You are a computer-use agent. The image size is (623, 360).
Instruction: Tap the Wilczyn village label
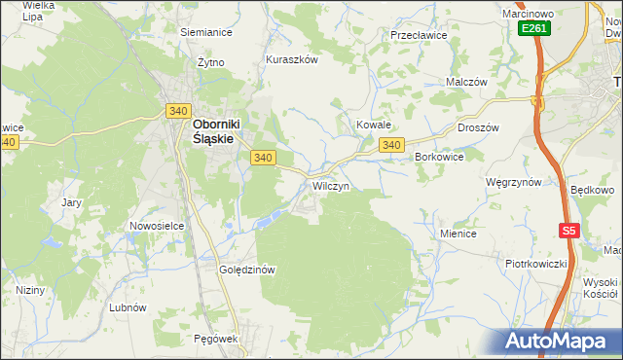point(330,185)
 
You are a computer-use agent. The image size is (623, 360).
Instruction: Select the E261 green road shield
point(533,29)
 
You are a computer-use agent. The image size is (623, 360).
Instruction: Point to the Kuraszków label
point(292,59)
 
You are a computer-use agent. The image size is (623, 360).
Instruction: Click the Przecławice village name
point(418,34)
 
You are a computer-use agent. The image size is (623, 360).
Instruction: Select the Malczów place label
point(465,83)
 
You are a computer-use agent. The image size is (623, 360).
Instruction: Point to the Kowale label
point(373,126)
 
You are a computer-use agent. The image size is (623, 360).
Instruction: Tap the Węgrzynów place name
point(513,182)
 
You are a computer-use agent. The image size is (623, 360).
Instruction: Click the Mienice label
point(458,234)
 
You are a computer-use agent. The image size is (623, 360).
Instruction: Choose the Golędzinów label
point(249,270)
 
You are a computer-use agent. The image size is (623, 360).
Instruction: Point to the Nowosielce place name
point(157,226)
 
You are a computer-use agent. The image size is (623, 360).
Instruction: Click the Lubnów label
point(128,306)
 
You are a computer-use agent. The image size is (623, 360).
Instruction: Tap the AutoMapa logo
point(556,341)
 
